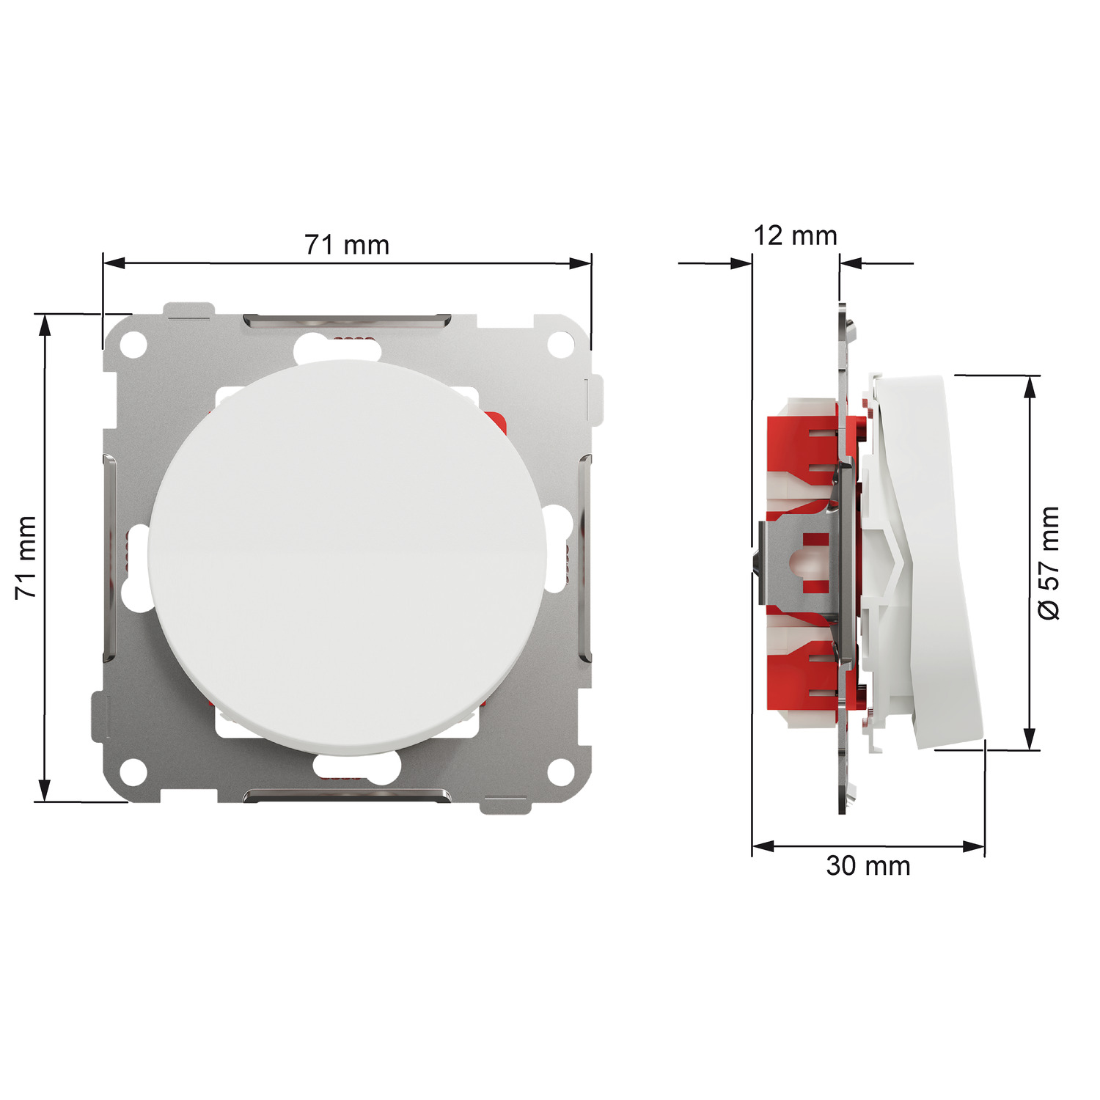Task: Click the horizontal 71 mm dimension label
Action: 347,245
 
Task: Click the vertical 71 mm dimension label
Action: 26,557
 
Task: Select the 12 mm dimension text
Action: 796,235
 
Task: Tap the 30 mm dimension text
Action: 868,866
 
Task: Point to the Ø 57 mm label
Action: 1049,562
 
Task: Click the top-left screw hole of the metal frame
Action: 133,344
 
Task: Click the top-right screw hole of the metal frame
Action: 561,344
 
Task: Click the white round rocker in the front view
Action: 348,558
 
